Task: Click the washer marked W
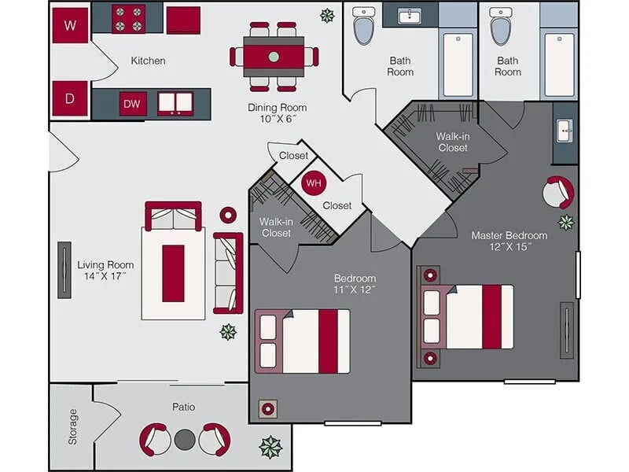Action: [71, 25]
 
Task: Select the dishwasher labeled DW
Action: [133, 104]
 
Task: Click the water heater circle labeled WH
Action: [314, 183]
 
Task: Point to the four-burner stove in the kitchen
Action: [128, 19]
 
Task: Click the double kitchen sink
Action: [176, 103]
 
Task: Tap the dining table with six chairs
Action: [274, 57]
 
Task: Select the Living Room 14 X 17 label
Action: [105, 271]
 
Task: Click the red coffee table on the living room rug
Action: [173, 273]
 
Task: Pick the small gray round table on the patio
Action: [184, 439]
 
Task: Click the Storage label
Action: [73, 426]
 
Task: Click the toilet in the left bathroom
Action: [363, 28]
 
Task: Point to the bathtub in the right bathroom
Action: [559, 64]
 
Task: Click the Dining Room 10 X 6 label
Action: [277, 113]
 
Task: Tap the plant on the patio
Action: [270, 447]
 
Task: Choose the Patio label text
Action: [183, 407]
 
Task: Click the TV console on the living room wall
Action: [64, 270]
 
